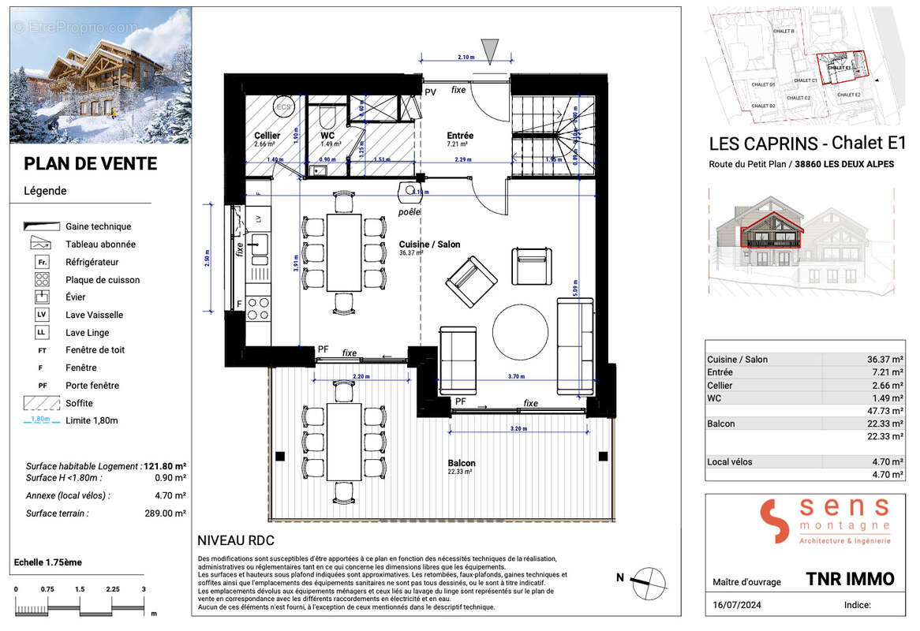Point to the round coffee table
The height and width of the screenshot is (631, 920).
coord(520,330)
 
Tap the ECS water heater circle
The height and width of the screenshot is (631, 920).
coord(283,107)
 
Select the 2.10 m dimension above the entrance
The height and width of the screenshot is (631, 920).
coord(466,57)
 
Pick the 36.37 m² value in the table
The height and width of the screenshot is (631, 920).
coord(882,360)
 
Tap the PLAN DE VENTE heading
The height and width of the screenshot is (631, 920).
coord(90,164)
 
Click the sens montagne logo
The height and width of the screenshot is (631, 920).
coord(825,521)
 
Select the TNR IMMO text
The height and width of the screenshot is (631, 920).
coord(850,579)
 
